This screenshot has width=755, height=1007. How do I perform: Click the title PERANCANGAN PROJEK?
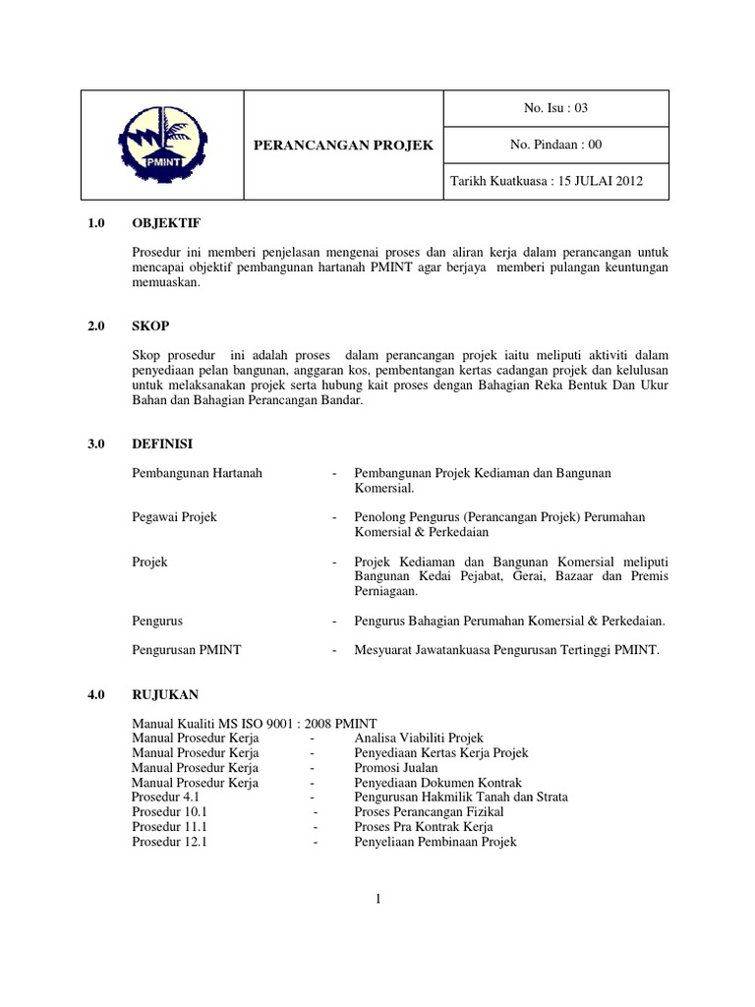(x=343, y=146)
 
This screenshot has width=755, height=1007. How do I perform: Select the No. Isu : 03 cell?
(x=556, y=108)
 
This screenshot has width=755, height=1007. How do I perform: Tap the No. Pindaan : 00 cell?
(x=556, y=145)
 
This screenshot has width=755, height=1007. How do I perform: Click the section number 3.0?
(x=95, y=444)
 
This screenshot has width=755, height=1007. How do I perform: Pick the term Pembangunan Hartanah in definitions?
(x=197, y=473)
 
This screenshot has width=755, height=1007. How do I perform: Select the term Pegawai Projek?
(x=174, y=516)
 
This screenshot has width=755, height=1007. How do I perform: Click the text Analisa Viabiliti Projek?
(x=419, y=738)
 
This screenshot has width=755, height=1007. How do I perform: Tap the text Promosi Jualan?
(x=396, y=767)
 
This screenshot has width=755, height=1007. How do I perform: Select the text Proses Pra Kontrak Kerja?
(x=424, y=827)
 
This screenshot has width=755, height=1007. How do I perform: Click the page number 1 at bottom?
(x=377, y=897)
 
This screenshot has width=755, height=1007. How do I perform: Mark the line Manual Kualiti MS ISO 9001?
(x=254, y=723)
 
